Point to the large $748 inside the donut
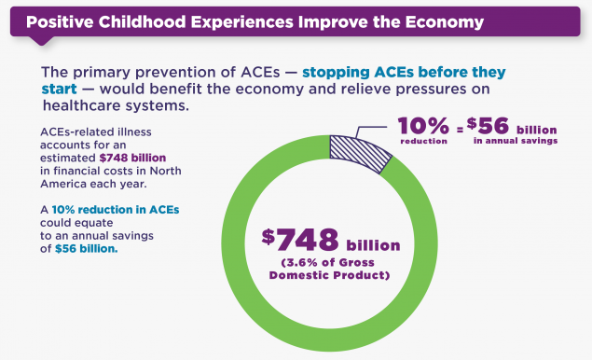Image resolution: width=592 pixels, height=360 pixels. click(x=300, y=242)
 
